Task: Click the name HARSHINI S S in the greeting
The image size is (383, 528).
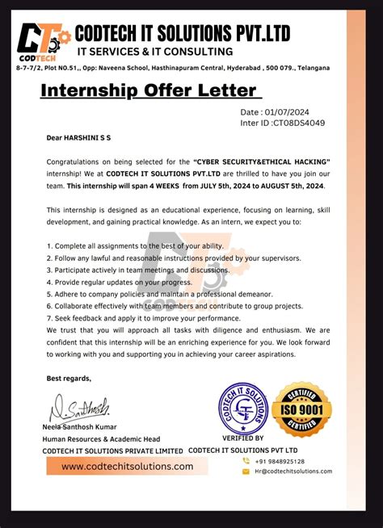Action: point(99,138)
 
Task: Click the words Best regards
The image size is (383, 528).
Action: point(69,378)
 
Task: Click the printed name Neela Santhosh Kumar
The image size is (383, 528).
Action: point(80,426)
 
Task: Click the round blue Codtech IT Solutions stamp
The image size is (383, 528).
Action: point(242,409)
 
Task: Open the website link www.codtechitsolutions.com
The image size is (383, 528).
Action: point(128,467)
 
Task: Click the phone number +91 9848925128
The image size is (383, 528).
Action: point(280,461)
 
